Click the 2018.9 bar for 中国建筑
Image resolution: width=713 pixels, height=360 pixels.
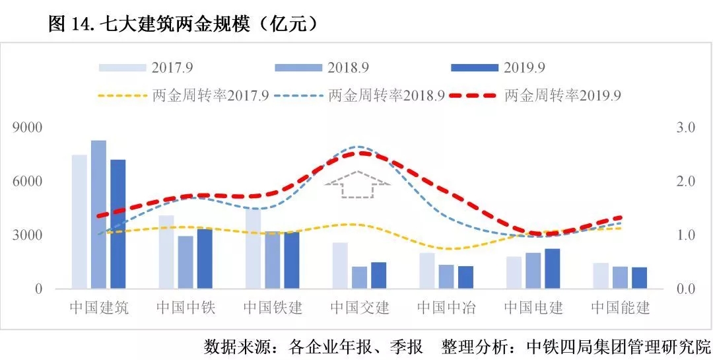click(98, 215)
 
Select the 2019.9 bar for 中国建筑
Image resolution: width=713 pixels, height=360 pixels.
click(118, 225)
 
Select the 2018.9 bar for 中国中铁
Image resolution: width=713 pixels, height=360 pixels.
click(186, 262)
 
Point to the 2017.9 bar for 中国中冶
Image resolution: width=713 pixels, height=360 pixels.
click(427, 271)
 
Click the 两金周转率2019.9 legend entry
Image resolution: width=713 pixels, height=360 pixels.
click(535, 95)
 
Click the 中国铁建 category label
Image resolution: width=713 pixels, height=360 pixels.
click(273, 308)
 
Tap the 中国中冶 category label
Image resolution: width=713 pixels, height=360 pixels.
click(447, 308)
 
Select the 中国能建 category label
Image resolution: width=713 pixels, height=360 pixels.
click(621, 308)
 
